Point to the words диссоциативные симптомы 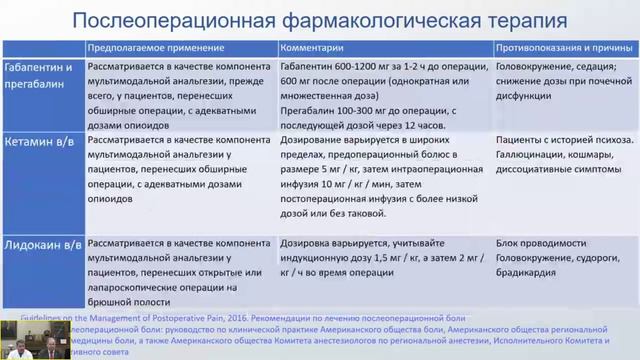coord(558,187)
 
